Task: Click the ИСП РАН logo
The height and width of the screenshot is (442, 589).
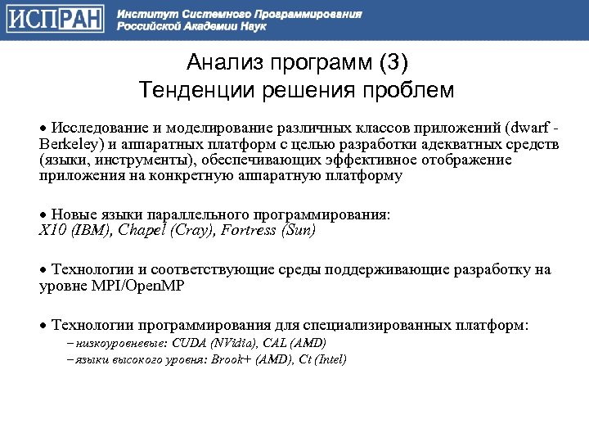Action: click(x=56, y=19)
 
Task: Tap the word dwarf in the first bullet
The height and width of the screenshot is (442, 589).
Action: click(x=528, y=129)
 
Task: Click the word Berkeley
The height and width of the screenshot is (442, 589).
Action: click(x=68, y=144)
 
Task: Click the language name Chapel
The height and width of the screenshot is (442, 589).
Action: click(x=143, y=230)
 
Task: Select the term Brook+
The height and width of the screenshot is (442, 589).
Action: click(x=229, y=359)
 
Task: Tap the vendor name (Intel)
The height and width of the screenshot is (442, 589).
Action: click(x=327, y=359)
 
